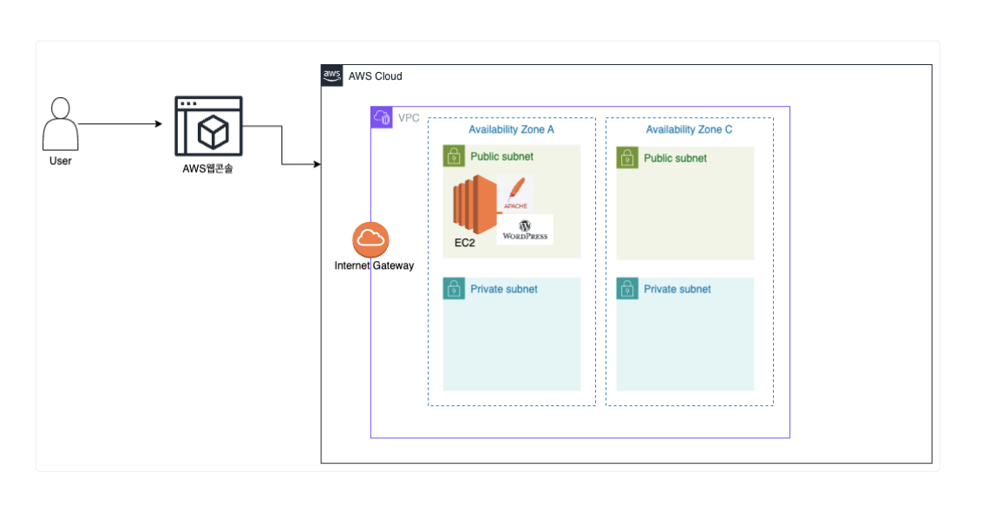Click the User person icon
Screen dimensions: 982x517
pos(60,124)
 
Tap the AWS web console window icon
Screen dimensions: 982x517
pos(208,126)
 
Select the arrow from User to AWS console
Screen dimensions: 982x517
pos(121,124)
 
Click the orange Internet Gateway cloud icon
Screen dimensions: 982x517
pos(370,239)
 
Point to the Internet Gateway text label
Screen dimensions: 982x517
pos(374,265)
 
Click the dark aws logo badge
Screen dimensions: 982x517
pos(332,75)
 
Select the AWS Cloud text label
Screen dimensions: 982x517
pos(375,76)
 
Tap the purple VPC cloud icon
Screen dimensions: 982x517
pos(382,117)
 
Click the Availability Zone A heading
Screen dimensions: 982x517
pos(511,129)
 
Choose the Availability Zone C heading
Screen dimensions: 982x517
pos(689,129)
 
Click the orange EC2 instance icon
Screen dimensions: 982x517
pos(475,205)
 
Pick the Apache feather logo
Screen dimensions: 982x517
pos(516,193)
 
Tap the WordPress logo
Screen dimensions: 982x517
pos(525,230)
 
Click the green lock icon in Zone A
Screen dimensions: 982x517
pos(454,156)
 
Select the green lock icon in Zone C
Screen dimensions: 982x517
pos(627,158)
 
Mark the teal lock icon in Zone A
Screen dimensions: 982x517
pos(454,289)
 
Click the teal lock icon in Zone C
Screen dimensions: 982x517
pos(627,289)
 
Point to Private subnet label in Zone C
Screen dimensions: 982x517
pos(677,289)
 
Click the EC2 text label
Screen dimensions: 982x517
pos(465,243)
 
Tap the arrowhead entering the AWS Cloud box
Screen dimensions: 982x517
pos(317,164)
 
